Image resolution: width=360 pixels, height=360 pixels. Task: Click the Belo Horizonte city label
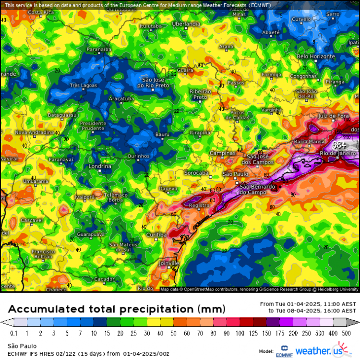click(x=315, y=56)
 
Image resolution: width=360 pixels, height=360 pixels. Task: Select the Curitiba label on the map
click(x=156, y=235)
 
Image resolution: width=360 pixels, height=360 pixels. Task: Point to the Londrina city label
click(x=100, y=167)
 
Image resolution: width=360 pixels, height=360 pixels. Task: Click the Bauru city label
click(x=163, y=134)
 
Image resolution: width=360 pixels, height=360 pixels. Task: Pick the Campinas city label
click(x=223, y=154)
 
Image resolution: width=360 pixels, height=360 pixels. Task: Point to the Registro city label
click(x=199, y=205)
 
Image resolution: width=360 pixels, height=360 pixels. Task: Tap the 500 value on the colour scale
click(x=346, y=333)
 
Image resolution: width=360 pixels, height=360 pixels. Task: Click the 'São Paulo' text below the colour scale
click(x=22, y=346)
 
